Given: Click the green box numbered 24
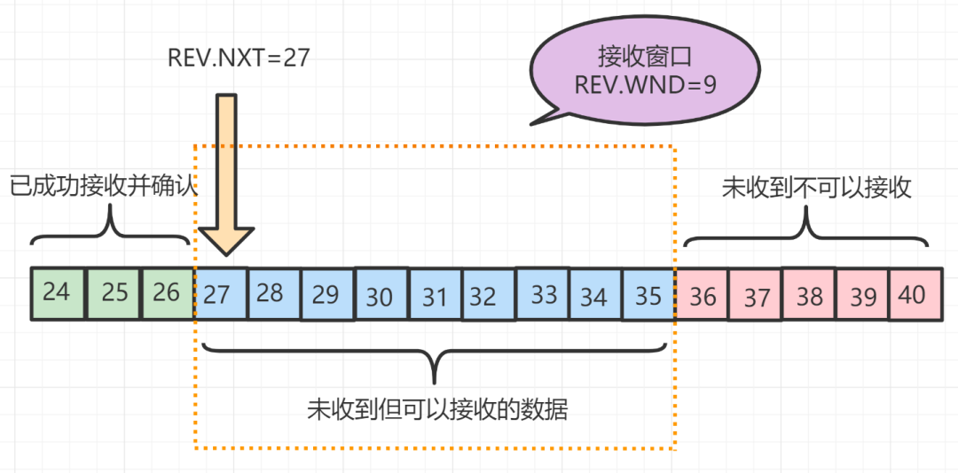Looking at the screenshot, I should coord(57,292).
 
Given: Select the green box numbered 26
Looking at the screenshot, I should coord(167,292).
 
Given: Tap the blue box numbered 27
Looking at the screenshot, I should coord(218,293).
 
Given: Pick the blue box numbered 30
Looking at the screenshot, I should coord(380,296).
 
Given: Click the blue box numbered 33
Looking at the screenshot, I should coord(542,294).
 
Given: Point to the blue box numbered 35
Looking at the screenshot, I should coord(648,294).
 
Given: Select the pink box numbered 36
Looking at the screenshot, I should coord(703,296).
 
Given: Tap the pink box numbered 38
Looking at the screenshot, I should coord(809,296).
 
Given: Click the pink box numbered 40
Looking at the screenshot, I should coord(913,294).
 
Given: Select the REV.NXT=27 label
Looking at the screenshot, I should coord(239,58).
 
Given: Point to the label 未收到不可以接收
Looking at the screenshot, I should coord(816,188).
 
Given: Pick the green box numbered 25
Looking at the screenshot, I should coord(113,292).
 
